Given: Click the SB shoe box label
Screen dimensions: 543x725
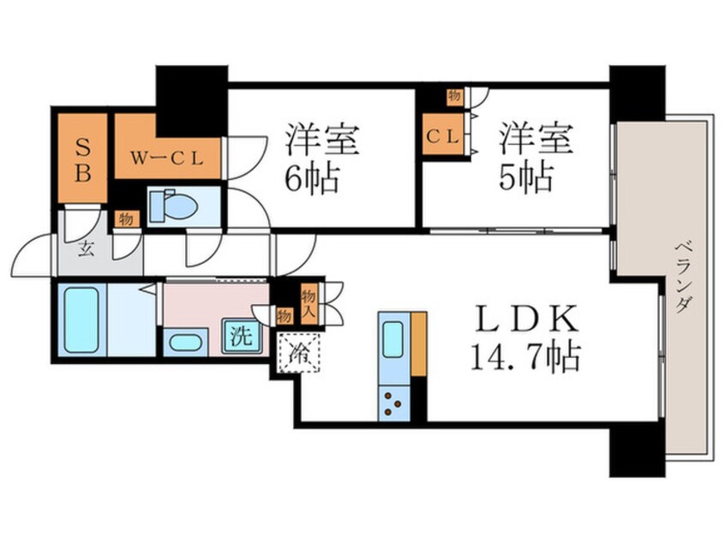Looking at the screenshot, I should click(x=83, y=158).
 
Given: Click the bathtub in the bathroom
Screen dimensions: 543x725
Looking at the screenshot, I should click(x=81, y=319).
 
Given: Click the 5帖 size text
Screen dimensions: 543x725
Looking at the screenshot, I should click(x=526, y=178).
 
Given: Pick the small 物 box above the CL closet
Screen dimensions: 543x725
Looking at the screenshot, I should click(x=451, y=95).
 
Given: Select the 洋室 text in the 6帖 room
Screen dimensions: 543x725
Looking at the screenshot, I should click(x=323, y=140).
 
